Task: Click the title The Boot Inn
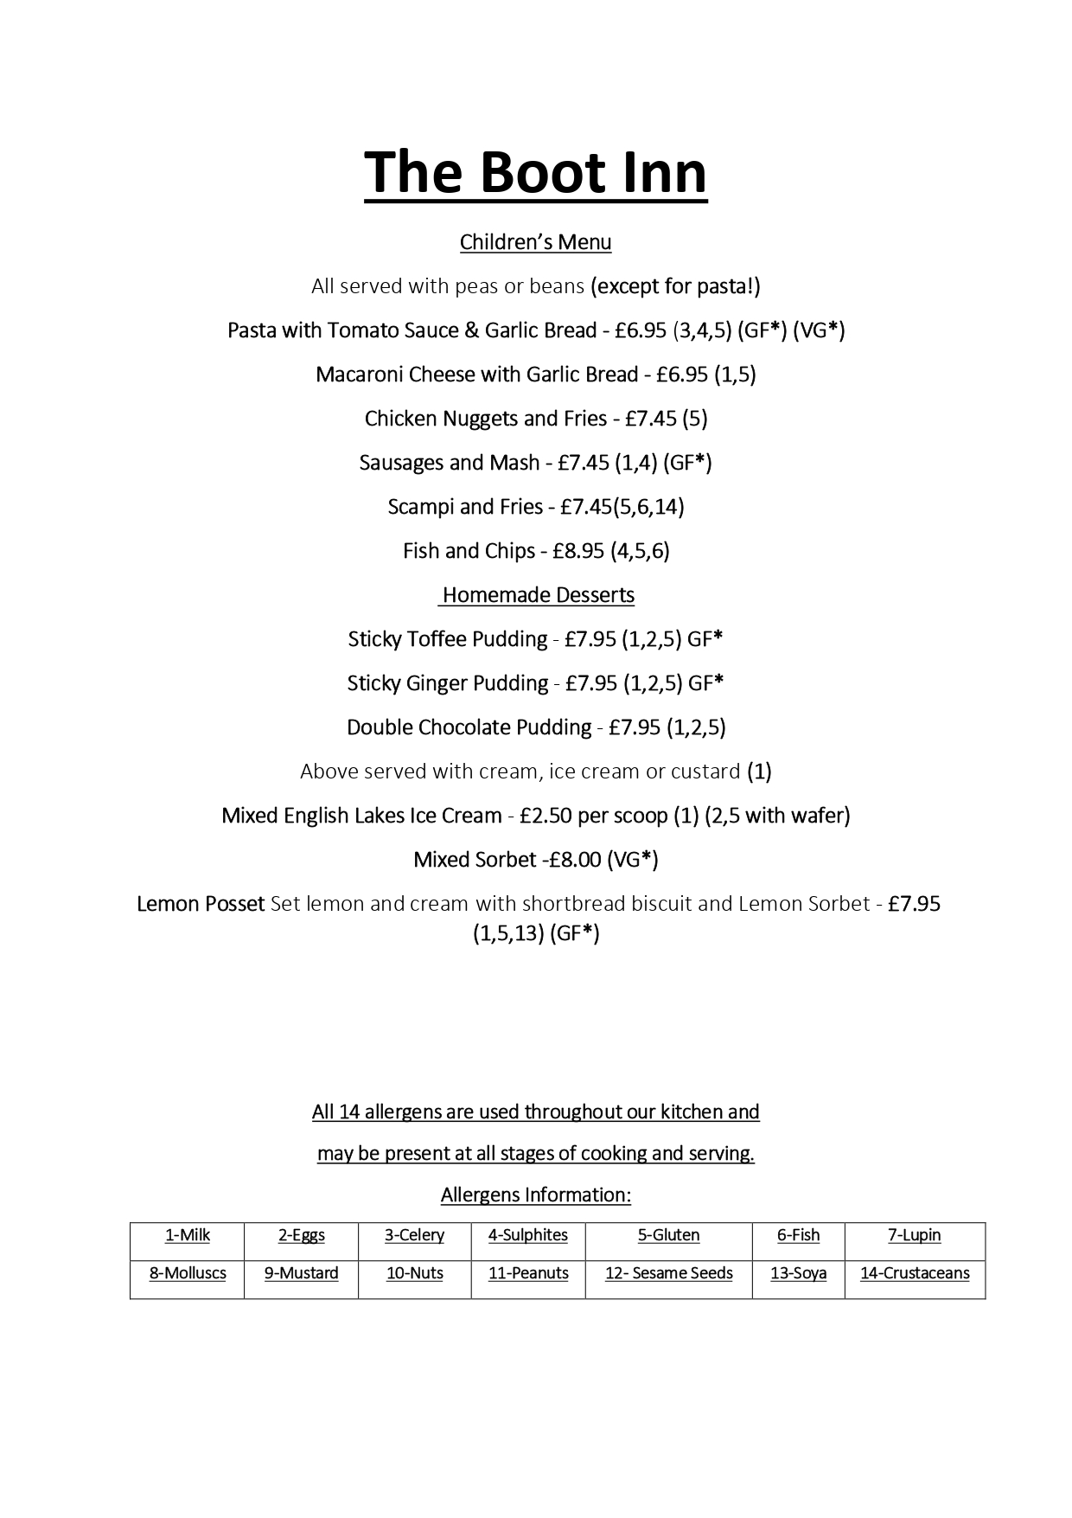(x=535, y=172)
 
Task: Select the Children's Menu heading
(x=535, y=242)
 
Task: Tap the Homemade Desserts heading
(x=538, y=595)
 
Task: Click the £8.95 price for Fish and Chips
(x=578, y=551)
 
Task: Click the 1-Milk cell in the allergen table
(x=188, y=1235)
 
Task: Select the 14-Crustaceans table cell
(x=915, y=1273)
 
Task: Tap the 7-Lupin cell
(x=915, y=1235)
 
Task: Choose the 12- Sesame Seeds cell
(x=668, y=1273)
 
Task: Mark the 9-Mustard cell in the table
(x=301, y=1273)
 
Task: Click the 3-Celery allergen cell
(x=414, y=1235)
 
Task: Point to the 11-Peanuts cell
(x=528, y=1273)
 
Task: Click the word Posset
(x=236, y=904)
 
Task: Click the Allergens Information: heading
(x=536, y=1195)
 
